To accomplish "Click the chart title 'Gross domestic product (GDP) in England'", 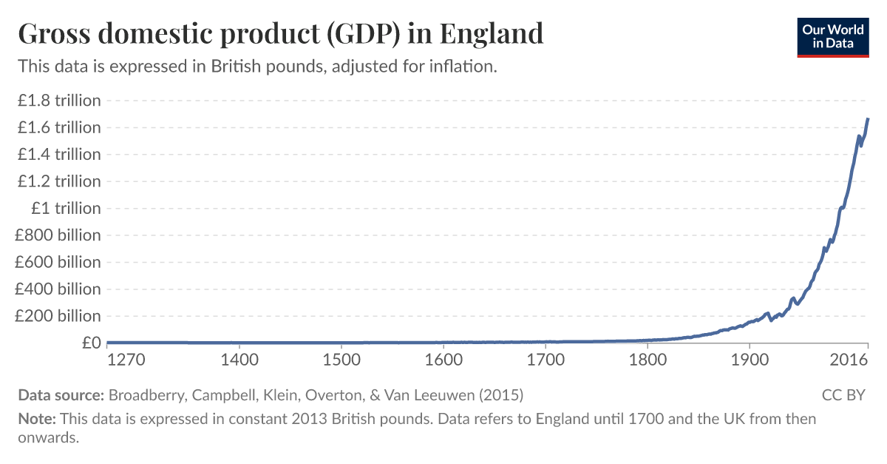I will coord(281,34).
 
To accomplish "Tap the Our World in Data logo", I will coord(833,36).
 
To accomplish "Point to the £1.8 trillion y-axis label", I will coord(59,100).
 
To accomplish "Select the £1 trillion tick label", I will coord(65,208).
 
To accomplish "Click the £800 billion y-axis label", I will coord(58,235).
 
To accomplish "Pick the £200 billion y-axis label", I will coord(58,316).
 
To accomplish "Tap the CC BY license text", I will coord(843,394).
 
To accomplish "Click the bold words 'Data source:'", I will coord(61,394).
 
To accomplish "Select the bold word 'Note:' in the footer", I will coord(37,419).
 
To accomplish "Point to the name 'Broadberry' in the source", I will coord(145,394).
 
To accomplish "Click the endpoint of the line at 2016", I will coord(868,118).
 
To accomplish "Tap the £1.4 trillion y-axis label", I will coord(59,154).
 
